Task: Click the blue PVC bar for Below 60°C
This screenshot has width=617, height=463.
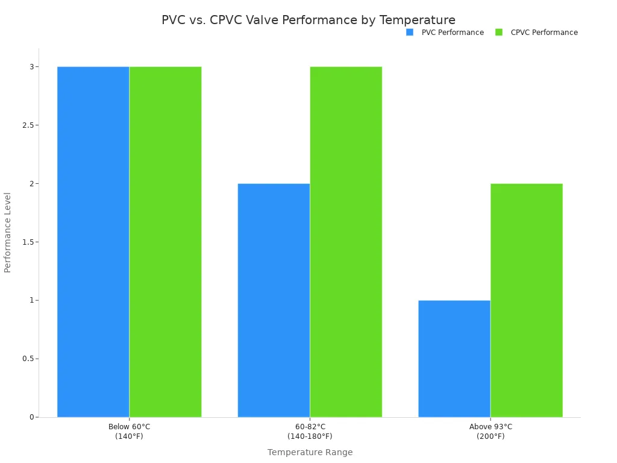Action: coord(93,241)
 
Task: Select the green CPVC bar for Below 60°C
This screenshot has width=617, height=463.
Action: coord(166,241)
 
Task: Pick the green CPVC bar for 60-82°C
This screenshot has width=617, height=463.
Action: coord(346,241)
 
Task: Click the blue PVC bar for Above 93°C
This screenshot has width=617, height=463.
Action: coord(454,359)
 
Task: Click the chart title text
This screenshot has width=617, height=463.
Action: coord(308,20)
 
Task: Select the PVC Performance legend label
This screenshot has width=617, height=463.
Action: coord(453,33)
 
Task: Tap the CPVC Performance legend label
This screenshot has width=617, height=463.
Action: coord(544,33)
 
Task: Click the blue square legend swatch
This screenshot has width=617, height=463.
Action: coord(410,33)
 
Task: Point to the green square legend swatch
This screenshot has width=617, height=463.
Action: coord(499,33)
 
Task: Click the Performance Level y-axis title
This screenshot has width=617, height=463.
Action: coord(8,232)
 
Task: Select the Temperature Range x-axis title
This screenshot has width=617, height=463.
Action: coord(310,452)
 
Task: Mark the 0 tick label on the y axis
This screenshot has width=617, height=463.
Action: coord(31,417)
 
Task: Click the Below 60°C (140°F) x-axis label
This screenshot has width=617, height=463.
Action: coord(129,432)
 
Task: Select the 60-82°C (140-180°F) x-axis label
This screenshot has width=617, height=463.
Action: coord(310,432)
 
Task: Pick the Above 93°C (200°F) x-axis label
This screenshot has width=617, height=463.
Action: coord(490,432)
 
